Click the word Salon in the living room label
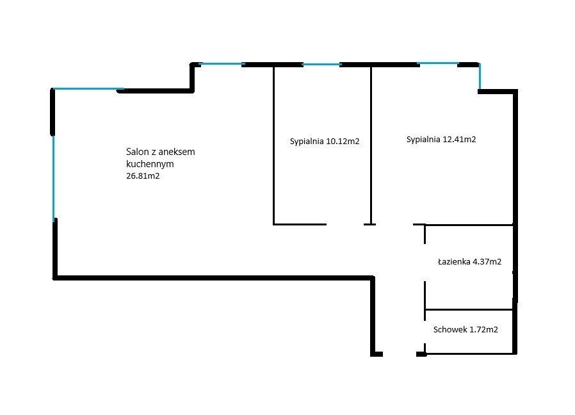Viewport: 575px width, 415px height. click(136, 152)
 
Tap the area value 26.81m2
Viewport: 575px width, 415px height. click(143, 175)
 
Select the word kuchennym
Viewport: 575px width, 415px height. click(150, 164)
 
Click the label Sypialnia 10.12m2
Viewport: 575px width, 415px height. click(325, 142)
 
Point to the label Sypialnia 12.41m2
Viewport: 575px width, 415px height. click(441, 140)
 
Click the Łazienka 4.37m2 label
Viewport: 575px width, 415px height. click(470, 262)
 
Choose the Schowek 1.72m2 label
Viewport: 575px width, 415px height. click(466, 330)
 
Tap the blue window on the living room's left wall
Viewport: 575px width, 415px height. click(54, 177)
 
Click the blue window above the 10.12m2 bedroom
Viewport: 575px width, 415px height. click(321, 65)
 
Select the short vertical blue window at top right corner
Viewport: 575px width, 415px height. click(480, 77)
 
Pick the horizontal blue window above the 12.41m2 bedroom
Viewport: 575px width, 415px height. click(438, 63)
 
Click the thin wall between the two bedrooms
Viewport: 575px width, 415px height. click(371, 145)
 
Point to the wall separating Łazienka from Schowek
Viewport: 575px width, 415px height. click(468, 310)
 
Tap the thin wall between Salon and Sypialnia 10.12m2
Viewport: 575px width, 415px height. click(273, 145)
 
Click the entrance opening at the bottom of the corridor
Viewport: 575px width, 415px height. click(400, 354)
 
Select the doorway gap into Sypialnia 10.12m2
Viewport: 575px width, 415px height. click(345, 224)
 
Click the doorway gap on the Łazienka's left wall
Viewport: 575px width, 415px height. click(425, 263)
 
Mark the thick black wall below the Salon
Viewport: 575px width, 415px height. click(213, 278)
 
